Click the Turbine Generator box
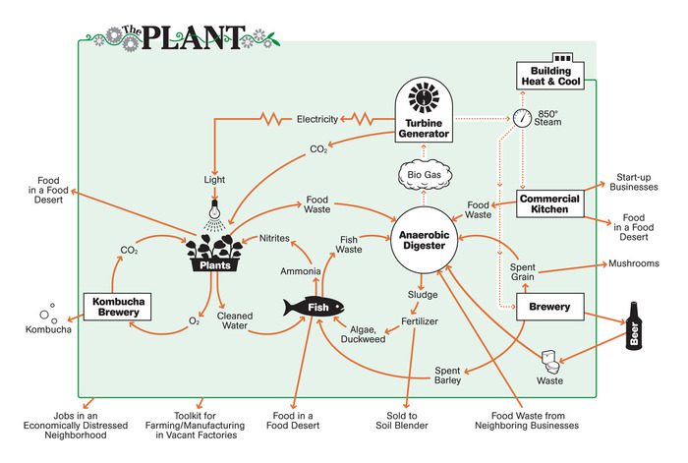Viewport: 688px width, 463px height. tap(424, 110)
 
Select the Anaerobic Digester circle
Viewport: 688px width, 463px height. tap(424, 240)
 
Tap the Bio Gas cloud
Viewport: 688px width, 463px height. tap(425, 175)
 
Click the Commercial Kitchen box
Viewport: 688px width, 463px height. tap(549, 204)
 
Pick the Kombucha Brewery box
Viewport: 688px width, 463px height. tap(118, 307)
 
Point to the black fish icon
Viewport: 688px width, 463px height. tap(314, 307)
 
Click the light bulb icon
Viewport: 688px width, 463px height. tap(214, 210)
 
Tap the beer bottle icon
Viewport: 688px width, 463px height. tap(634, 326)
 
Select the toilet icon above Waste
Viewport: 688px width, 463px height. tap(550, 362)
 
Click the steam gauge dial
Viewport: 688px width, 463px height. tap(522, 119)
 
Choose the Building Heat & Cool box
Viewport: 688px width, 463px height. tap(550, 73)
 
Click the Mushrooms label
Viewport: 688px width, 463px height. tap(634, 263)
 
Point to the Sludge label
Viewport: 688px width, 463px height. tap(423, 295)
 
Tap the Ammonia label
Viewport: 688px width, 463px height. tap(301, 271)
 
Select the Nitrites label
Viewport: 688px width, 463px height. tap(274, 238)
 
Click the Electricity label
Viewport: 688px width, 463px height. tap(317, 119)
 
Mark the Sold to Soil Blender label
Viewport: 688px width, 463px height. tap(401, 421)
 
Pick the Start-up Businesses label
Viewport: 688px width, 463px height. tap(634, 182)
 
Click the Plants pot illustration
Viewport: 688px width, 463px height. tap(214, 253)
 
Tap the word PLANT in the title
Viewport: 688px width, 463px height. tap(193, 37)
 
